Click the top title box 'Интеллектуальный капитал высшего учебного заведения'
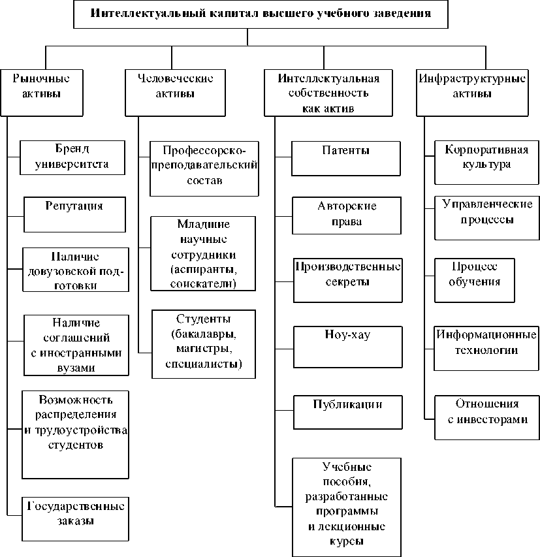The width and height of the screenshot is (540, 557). click(261, 14)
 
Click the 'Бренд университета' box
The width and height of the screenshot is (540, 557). click(72, 157)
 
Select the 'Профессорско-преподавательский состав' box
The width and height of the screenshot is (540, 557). click(204, 168)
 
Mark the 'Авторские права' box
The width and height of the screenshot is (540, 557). click(346, 215)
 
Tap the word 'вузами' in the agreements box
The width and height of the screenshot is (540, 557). click(72, 367)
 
